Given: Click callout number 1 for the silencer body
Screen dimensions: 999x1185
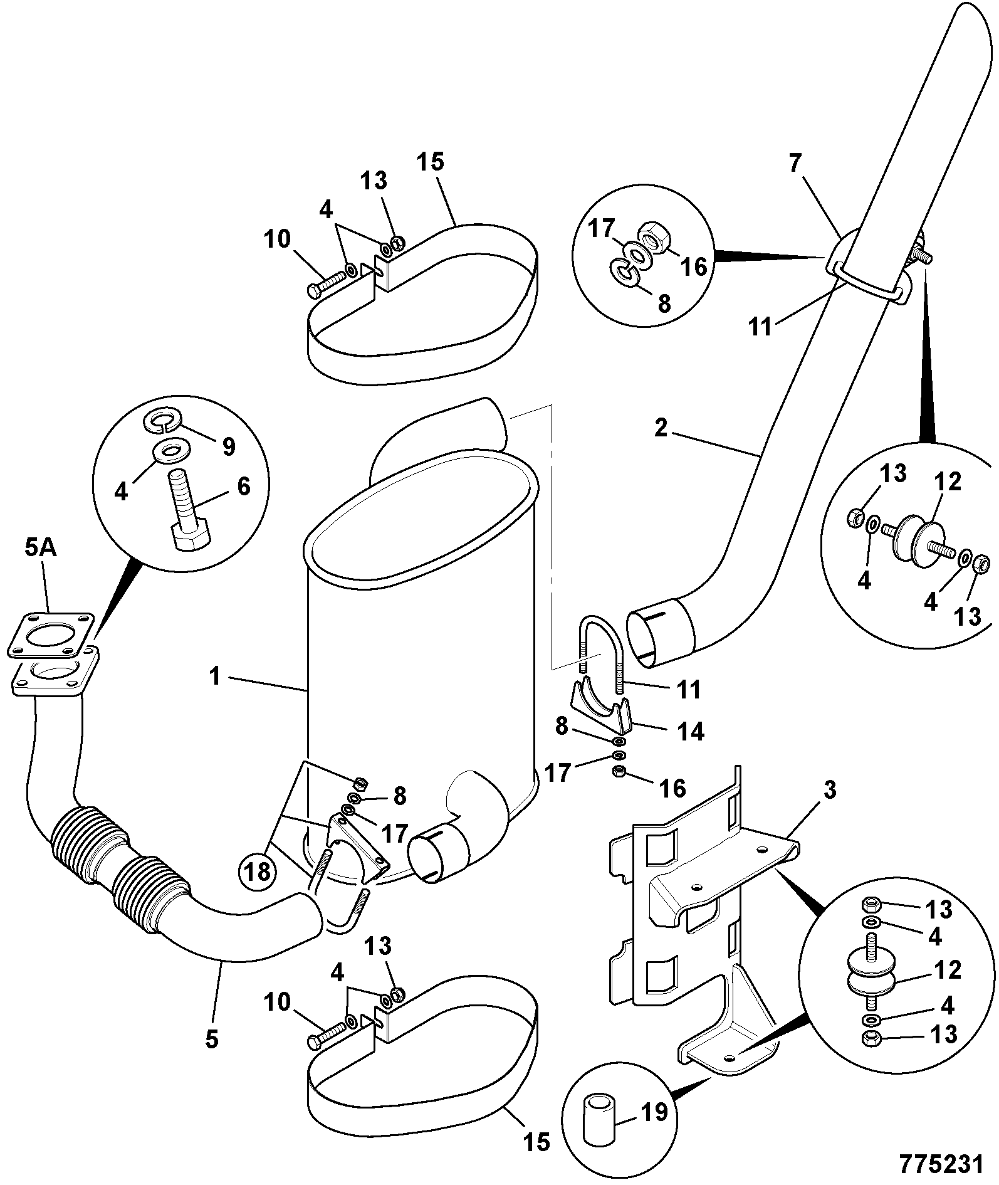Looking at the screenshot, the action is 215,677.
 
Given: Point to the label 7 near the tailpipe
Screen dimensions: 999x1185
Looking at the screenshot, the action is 795,164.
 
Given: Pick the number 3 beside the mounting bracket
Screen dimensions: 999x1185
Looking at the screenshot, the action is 829,791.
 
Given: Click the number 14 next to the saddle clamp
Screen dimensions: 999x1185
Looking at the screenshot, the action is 691,731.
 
